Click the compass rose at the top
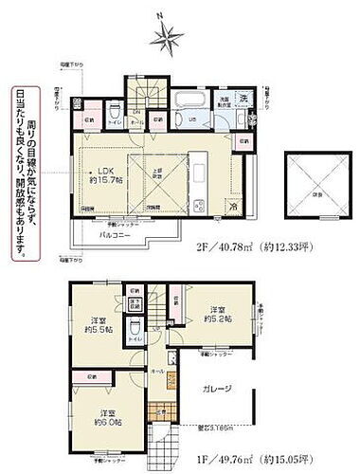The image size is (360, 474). tap(168, 37)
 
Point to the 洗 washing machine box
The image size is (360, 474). tap(243, 100)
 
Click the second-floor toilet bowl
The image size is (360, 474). tap(117, 120)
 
